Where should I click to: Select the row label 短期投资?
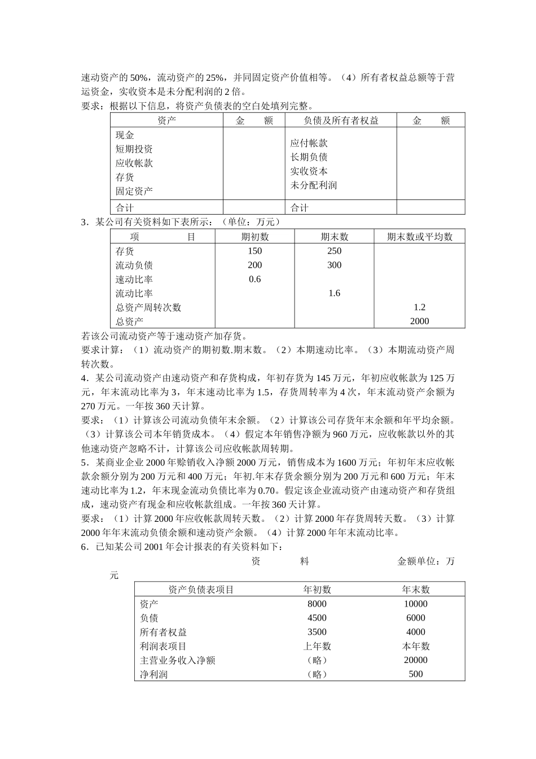pos(134,149)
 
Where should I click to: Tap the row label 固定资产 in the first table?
pos(134,191)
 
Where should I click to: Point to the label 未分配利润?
pos(313,185)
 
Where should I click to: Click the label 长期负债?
pos(309,157)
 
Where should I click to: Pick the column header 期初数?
pos(255,237)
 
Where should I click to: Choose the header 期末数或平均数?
pos(419,237)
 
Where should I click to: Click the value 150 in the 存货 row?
pos(255,251)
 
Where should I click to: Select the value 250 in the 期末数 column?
pos(334,251)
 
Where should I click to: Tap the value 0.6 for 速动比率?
pos(255,279)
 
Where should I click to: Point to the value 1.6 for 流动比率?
pos(334,293)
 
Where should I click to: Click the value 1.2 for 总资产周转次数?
pos(419,307)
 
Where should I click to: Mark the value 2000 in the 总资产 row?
pos(419,321)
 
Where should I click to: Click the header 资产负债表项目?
pos(201,590)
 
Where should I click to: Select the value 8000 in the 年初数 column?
pos(317,604)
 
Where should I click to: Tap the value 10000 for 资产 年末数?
pos(416,604)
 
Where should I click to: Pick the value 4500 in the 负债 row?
pos(317,618)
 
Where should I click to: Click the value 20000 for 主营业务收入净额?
pos(416,660)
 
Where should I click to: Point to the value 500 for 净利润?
pos(416,674)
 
